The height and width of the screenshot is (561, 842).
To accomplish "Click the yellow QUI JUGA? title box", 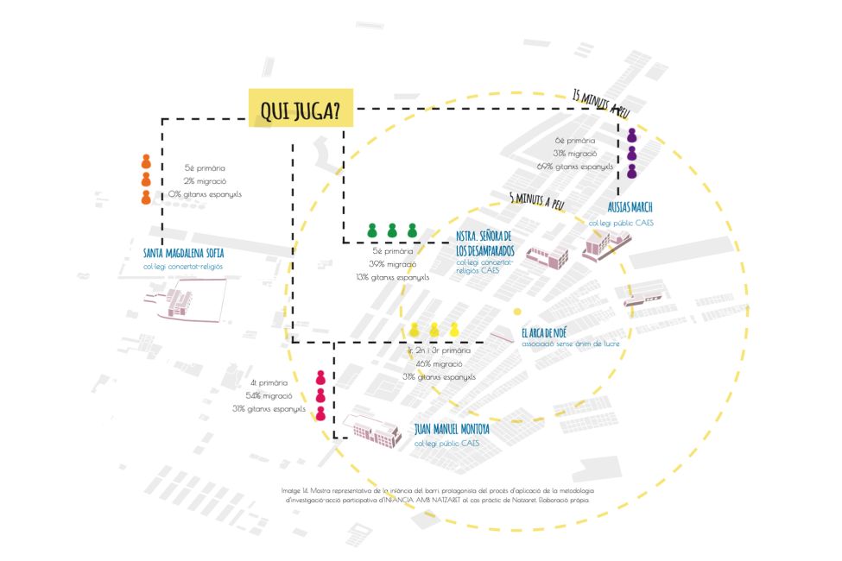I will pyautogui.click(x=300, y=109).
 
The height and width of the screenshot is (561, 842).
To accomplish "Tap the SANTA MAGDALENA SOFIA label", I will pyautogui.click(x=183, y=254).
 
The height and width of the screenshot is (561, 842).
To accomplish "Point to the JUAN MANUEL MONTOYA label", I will pyautogui.click(x=452, y=429).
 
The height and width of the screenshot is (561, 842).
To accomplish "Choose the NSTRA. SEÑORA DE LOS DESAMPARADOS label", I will pyautogui.click(x=484, y=242).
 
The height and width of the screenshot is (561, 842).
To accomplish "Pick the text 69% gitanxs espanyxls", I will pyautogui.click(x=574, y=166).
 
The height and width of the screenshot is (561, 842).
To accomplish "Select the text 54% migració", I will pyautogui.click(x=270, y=395).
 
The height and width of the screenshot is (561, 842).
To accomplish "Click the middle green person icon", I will pyautogui.click(x=392, y=230).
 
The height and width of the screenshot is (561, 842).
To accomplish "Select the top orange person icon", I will pyautogui.click(x=146, y=161).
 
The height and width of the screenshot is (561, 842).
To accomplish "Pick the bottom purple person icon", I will pyautogui.click(x=632, y=171).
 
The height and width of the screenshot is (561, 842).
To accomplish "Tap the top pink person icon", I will pyautogui.click(x=320, y=377).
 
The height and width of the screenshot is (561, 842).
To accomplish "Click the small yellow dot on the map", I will pyautogui.click(x=517, y=312).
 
